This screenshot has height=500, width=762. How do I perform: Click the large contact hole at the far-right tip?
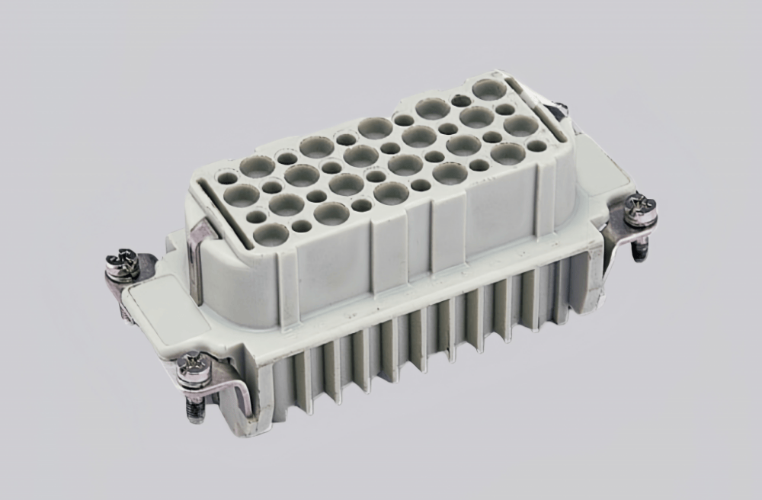[x=488, y=89]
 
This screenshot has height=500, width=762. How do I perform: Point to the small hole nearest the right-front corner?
[x=536, y=146]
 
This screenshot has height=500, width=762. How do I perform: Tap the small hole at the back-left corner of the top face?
[x=227, y=178]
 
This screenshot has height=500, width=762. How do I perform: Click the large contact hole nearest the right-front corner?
[x=508, y=154]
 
